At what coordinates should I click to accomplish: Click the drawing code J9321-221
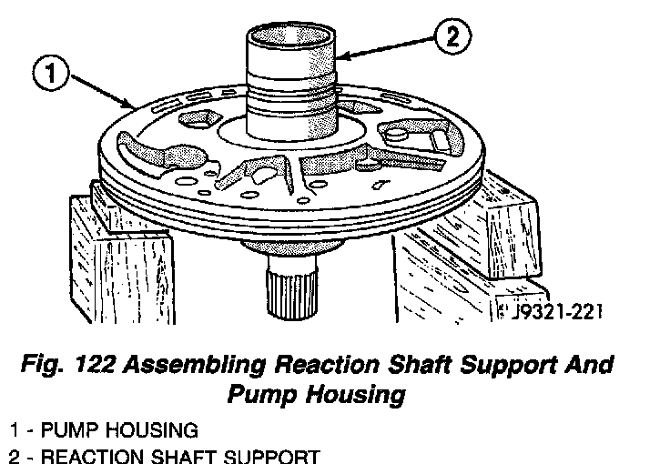(x=552, y=312)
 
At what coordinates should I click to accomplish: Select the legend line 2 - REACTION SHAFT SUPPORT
(x=164, y=455)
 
